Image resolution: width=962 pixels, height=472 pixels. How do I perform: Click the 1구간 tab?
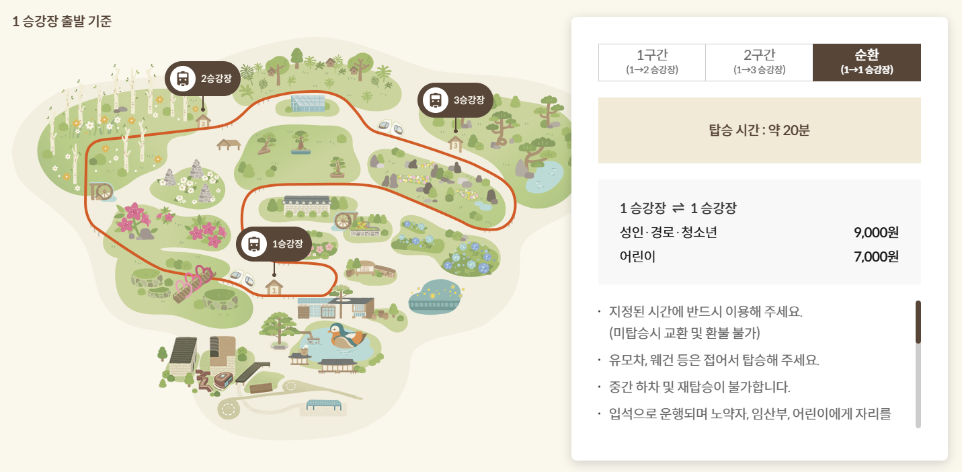651,62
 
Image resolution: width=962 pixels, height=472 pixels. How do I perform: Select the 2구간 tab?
759,62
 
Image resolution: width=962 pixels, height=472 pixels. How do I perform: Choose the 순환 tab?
867,62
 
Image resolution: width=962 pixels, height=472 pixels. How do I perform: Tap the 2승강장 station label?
216,79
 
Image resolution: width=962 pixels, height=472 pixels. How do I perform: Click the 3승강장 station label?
469,100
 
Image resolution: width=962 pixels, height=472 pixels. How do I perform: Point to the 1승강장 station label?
287,243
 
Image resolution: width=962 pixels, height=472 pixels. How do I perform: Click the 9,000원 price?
876,233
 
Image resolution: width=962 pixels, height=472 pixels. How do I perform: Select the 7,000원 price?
876,257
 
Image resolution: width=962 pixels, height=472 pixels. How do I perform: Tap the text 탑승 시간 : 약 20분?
759,130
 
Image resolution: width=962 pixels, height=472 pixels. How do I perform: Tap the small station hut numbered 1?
273,287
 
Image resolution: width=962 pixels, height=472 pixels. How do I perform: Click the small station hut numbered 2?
203,121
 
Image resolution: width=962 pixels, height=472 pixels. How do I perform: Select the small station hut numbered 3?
456,143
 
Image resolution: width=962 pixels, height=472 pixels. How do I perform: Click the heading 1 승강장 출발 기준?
62,21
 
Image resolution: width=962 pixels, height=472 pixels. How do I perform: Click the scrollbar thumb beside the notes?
918,322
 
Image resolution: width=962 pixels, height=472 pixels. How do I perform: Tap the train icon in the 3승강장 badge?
436,100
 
